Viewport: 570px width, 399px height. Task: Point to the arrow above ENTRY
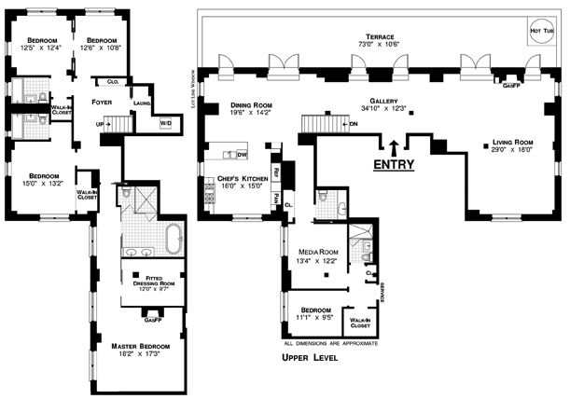tap(394, 145)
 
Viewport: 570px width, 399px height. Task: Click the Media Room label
tap(317, 252)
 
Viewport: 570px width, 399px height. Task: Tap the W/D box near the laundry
tap(166, 123)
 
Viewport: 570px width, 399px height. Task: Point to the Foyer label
tap(102, 102)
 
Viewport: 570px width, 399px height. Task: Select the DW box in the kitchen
tap(241, 154)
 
